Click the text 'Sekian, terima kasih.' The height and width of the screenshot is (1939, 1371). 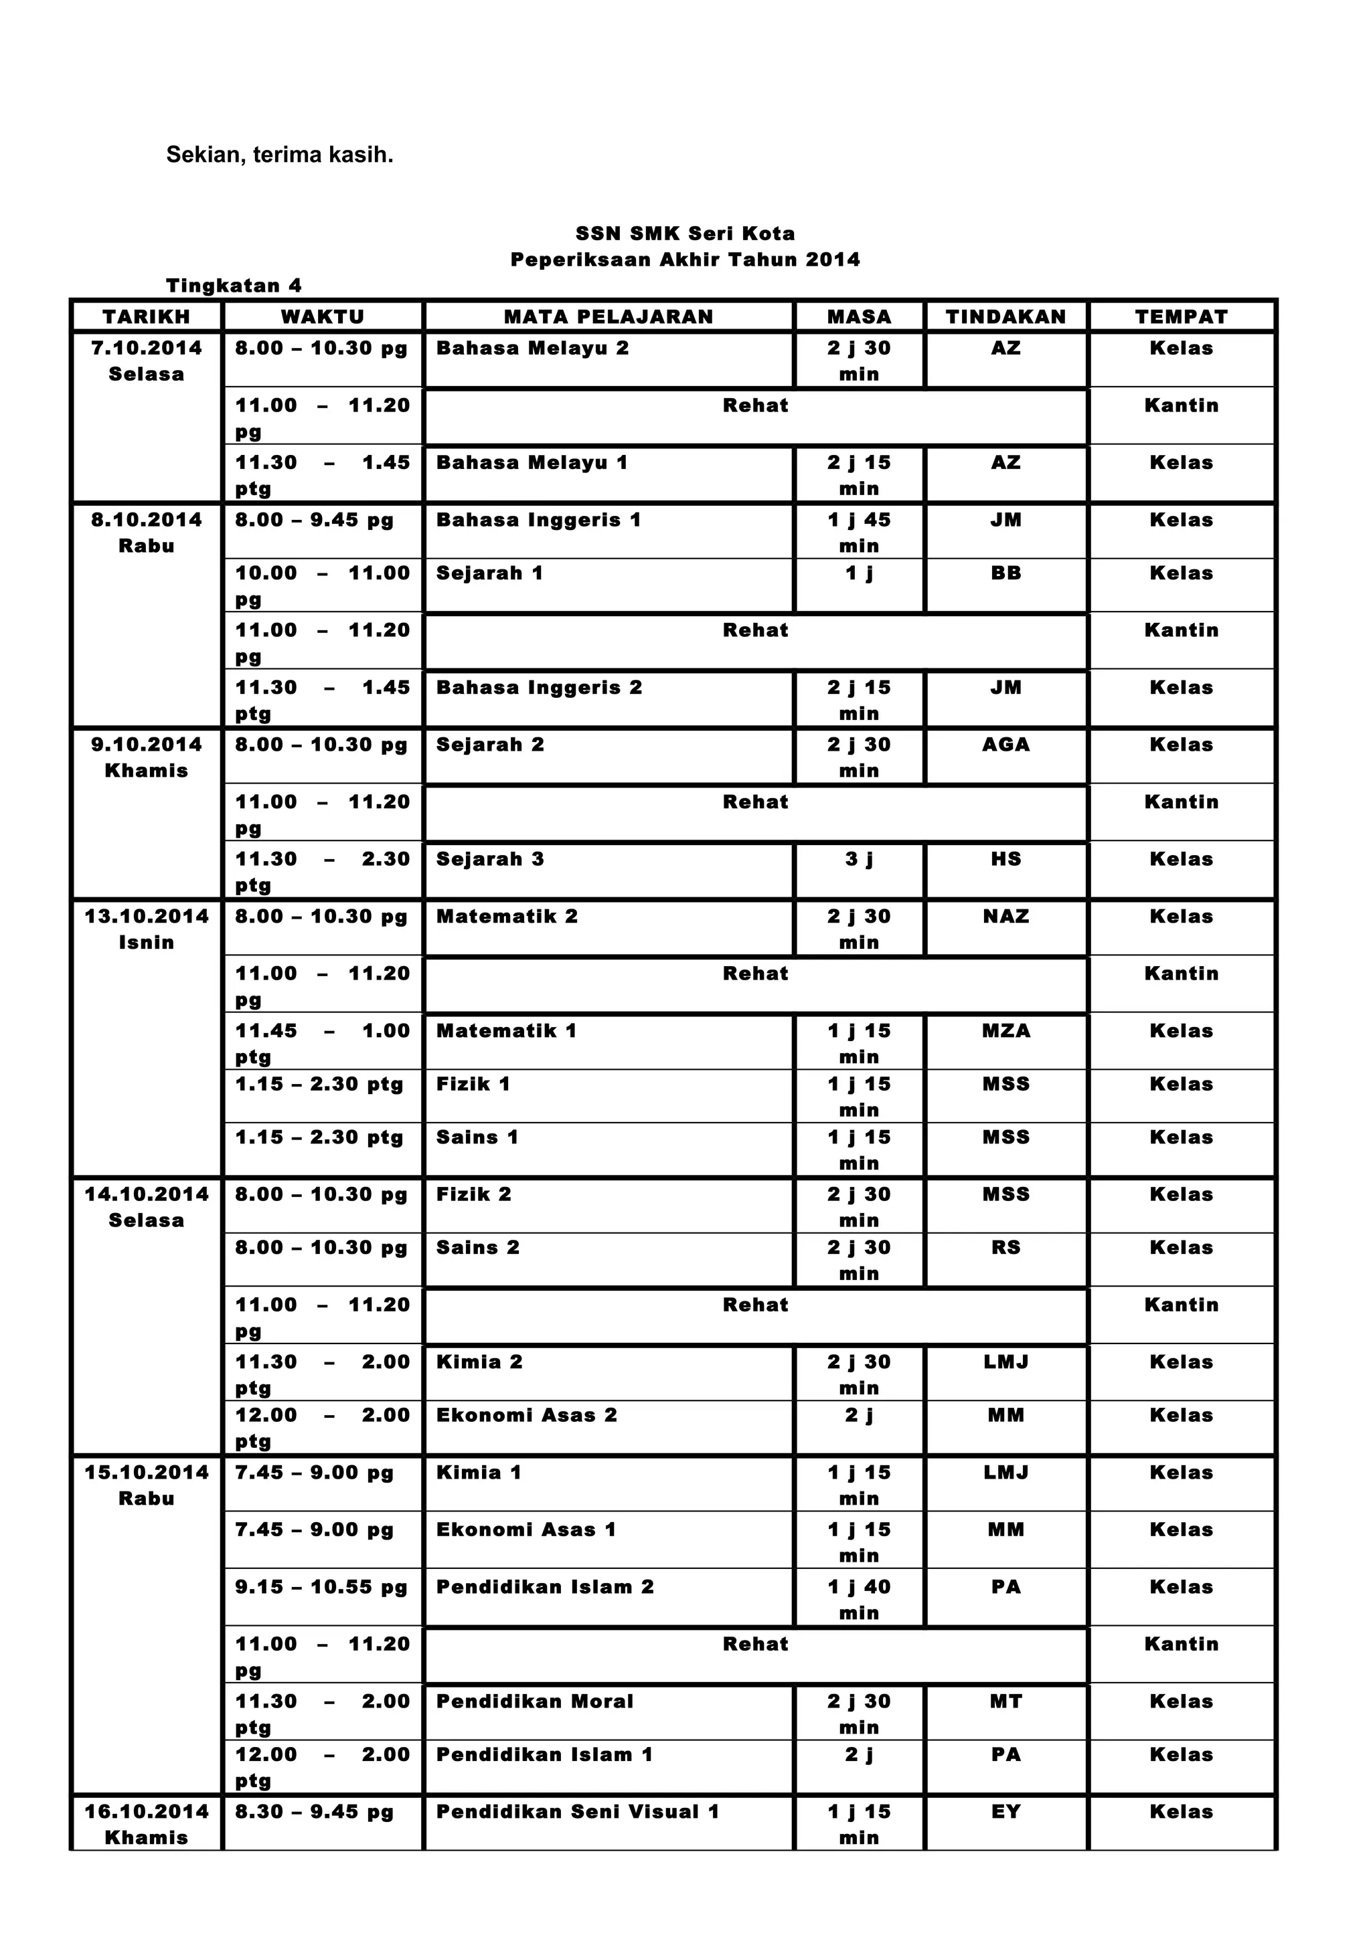[x=280, y=155]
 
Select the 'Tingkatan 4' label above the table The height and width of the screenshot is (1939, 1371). [x=234, y=286]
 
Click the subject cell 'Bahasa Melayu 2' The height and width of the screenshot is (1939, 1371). [x=532, y=348]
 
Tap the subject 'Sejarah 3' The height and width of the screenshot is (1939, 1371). [x=490, y=859]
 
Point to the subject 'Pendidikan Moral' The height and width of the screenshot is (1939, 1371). [x=535, y=1701]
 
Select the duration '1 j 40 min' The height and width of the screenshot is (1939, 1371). [x=859, y=1600]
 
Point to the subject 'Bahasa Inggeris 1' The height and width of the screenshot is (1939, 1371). [x=539, y=521]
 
